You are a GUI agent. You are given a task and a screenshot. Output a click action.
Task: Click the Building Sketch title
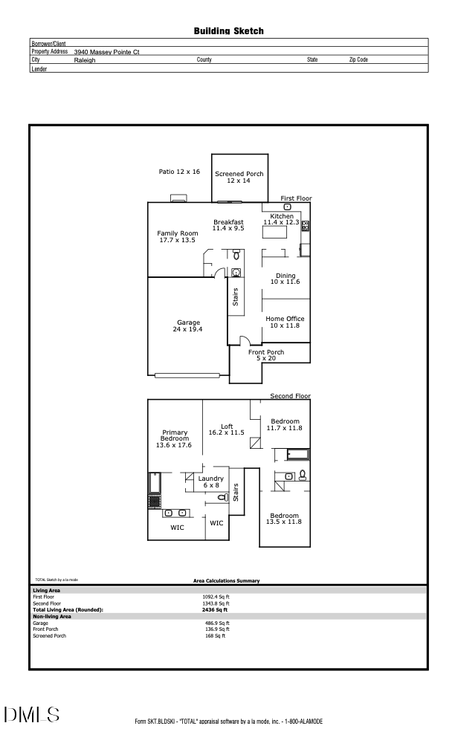228,30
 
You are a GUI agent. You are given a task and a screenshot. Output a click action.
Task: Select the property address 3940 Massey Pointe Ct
107,52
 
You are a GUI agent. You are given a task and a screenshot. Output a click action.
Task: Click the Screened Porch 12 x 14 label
239,177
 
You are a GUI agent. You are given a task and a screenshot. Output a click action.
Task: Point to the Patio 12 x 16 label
179,172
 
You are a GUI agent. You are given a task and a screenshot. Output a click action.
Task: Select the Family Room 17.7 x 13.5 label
178,236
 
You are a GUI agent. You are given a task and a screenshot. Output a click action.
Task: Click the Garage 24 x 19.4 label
188,325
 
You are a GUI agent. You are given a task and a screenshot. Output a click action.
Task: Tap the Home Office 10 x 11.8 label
285,322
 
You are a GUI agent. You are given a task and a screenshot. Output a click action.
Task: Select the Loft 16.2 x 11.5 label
227,429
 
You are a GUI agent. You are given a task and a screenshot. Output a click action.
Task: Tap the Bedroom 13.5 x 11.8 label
284,519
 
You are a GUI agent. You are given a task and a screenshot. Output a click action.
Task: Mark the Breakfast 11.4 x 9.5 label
228,225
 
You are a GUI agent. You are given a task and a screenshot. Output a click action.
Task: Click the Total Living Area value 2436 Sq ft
218,609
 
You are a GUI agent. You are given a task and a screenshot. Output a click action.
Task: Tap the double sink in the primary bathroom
175,513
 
